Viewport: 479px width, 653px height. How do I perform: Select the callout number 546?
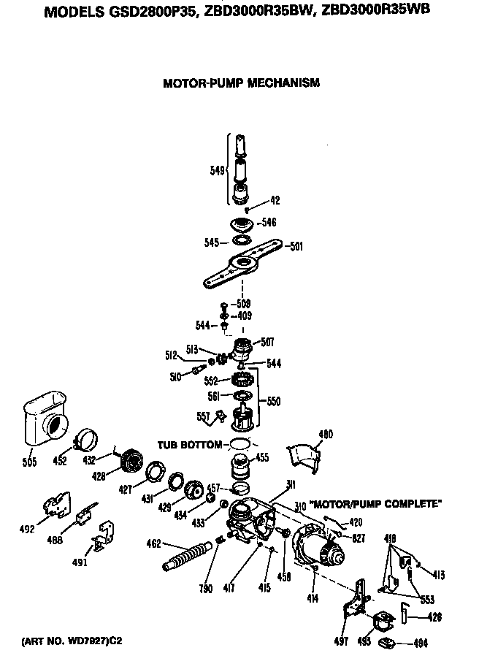point(269,223)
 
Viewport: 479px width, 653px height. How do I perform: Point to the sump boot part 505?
point(40,421)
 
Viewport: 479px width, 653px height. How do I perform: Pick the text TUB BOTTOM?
point(188,444)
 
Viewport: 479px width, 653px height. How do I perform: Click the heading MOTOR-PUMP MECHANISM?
point(241,83)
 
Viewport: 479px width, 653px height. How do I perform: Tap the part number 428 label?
point(99,476)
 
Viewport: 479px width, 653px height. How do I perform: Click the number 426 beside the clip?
point(434,617)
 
